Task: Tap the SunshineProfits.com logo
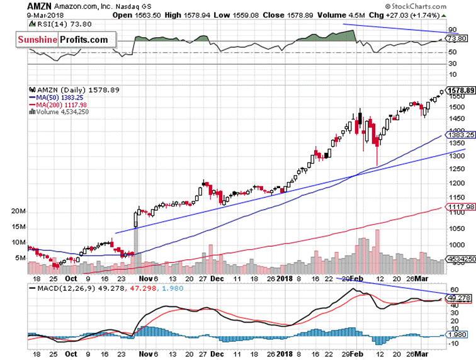pyautogui.click(x=62, y=40)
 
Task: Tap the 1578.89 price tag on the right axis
pyautogui.click(x=460, y=91)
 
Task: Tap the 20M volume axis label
pyautogui.click(x=18, y=211)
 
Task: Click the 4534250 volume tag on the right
pyautogui.click(x=460, y=257)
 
